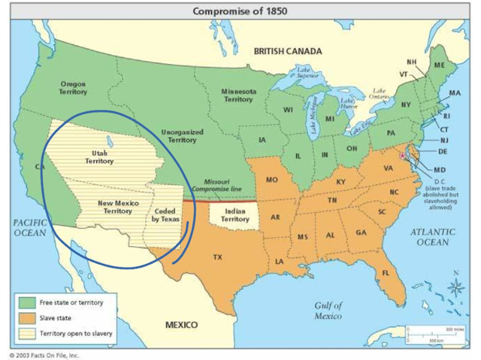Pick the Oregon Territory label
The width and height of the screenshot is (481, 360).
[x=72, y=88]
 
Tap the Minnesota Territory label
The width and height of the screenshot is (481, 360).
[x=239, y=95]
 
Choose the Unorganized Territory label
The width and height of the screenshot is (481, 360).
[x=182, y=135]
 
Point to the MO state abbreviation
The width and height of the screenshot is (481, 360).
[x=271, y=180]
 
